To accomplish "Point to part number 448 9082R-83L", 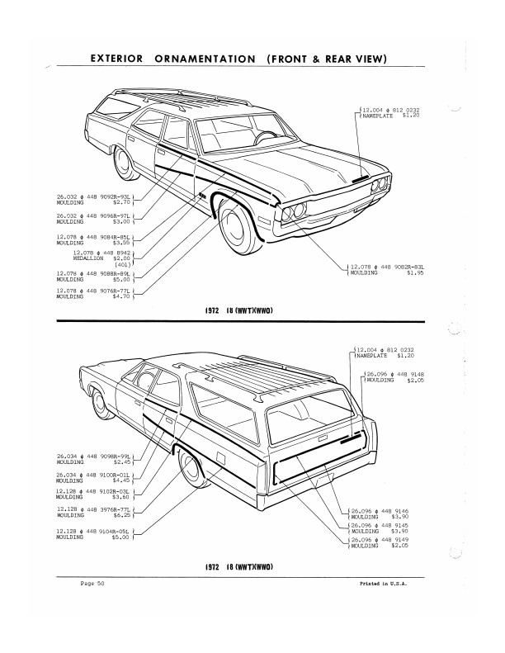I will click(x=394, y=267).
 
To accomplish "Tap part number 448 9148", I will click(x=406, y=374).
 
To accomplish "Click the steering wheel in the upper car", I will click(x=266, y=136).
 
